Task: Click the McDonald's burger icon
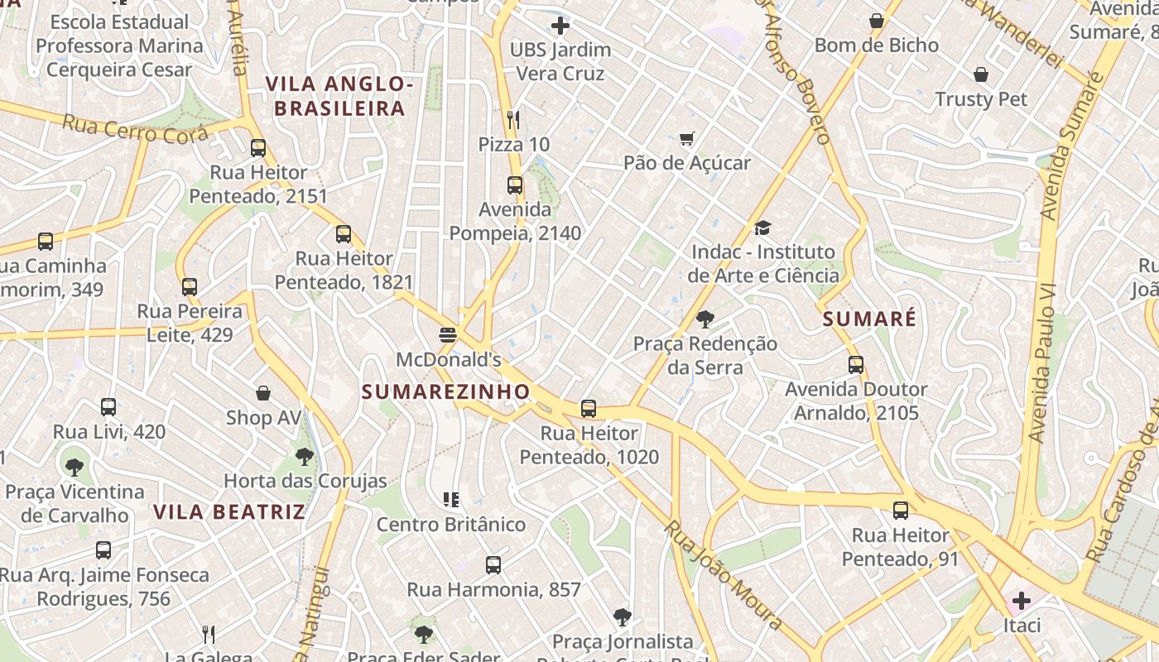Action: (x=448, y=335)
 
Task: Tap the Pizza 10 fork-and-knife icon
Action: (x=513, y=120)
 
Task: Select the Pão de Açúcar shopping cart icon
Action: (x=686, y=138)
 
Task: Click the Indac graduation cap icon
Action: (x=762, y=228)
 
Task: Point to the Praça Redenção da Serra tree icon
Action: (x=705, y=319)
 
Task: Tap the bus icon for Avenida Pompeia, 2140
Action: (x=515, y=185)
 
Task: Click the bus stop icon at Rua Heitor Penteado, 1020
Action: (x=589, y=409)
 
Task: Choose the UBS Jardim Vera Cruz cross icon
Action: (x=560, y=26)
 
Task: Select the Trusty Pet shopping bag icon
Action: (x=981, y=75)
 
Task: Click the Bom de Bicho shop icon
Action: (x=877, y=22)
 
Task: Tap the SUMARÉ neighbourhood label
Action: (x=869, y=319)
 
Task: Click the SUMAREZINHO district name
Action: (x=445, y=391)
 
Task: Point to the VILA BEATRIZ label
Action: (x=229, y=511)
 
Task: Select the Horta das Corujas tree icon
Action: (x=305, y=456)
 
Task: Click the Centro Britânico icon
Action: (x=451, y=500)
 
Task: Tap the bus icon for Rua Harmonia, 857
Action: (x=493, y=565)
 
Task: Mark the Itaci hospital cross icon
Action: (x=1022, y=600)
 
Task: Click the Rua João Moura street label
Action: (x=724, y=574)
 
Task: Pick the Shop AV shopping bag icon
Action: (x=263, y=393)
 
